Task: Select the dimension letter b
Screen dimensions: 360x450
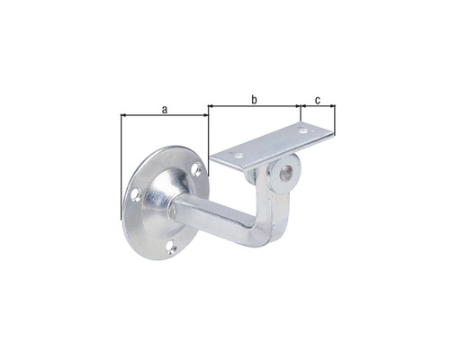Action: (x=254, y=100)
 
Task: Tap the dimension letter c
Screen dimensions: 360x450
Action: (x=317, y=100)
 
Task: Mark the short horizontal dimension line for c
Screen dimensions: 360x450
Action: (x=317, y=106)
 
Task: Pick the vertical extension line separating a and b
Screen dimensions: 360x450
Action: (x=209, y=135)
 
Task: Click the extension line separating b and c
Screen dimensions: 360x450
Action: (x=300, y=115)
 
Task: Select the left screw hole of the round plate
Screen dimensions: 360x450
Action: (x=134, y=193)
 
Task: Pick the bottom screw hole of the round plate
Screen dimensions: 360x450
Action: (x=168, y=245)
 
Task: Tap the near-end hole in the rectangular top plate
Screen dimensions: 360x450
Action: (x=237, y=159)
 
